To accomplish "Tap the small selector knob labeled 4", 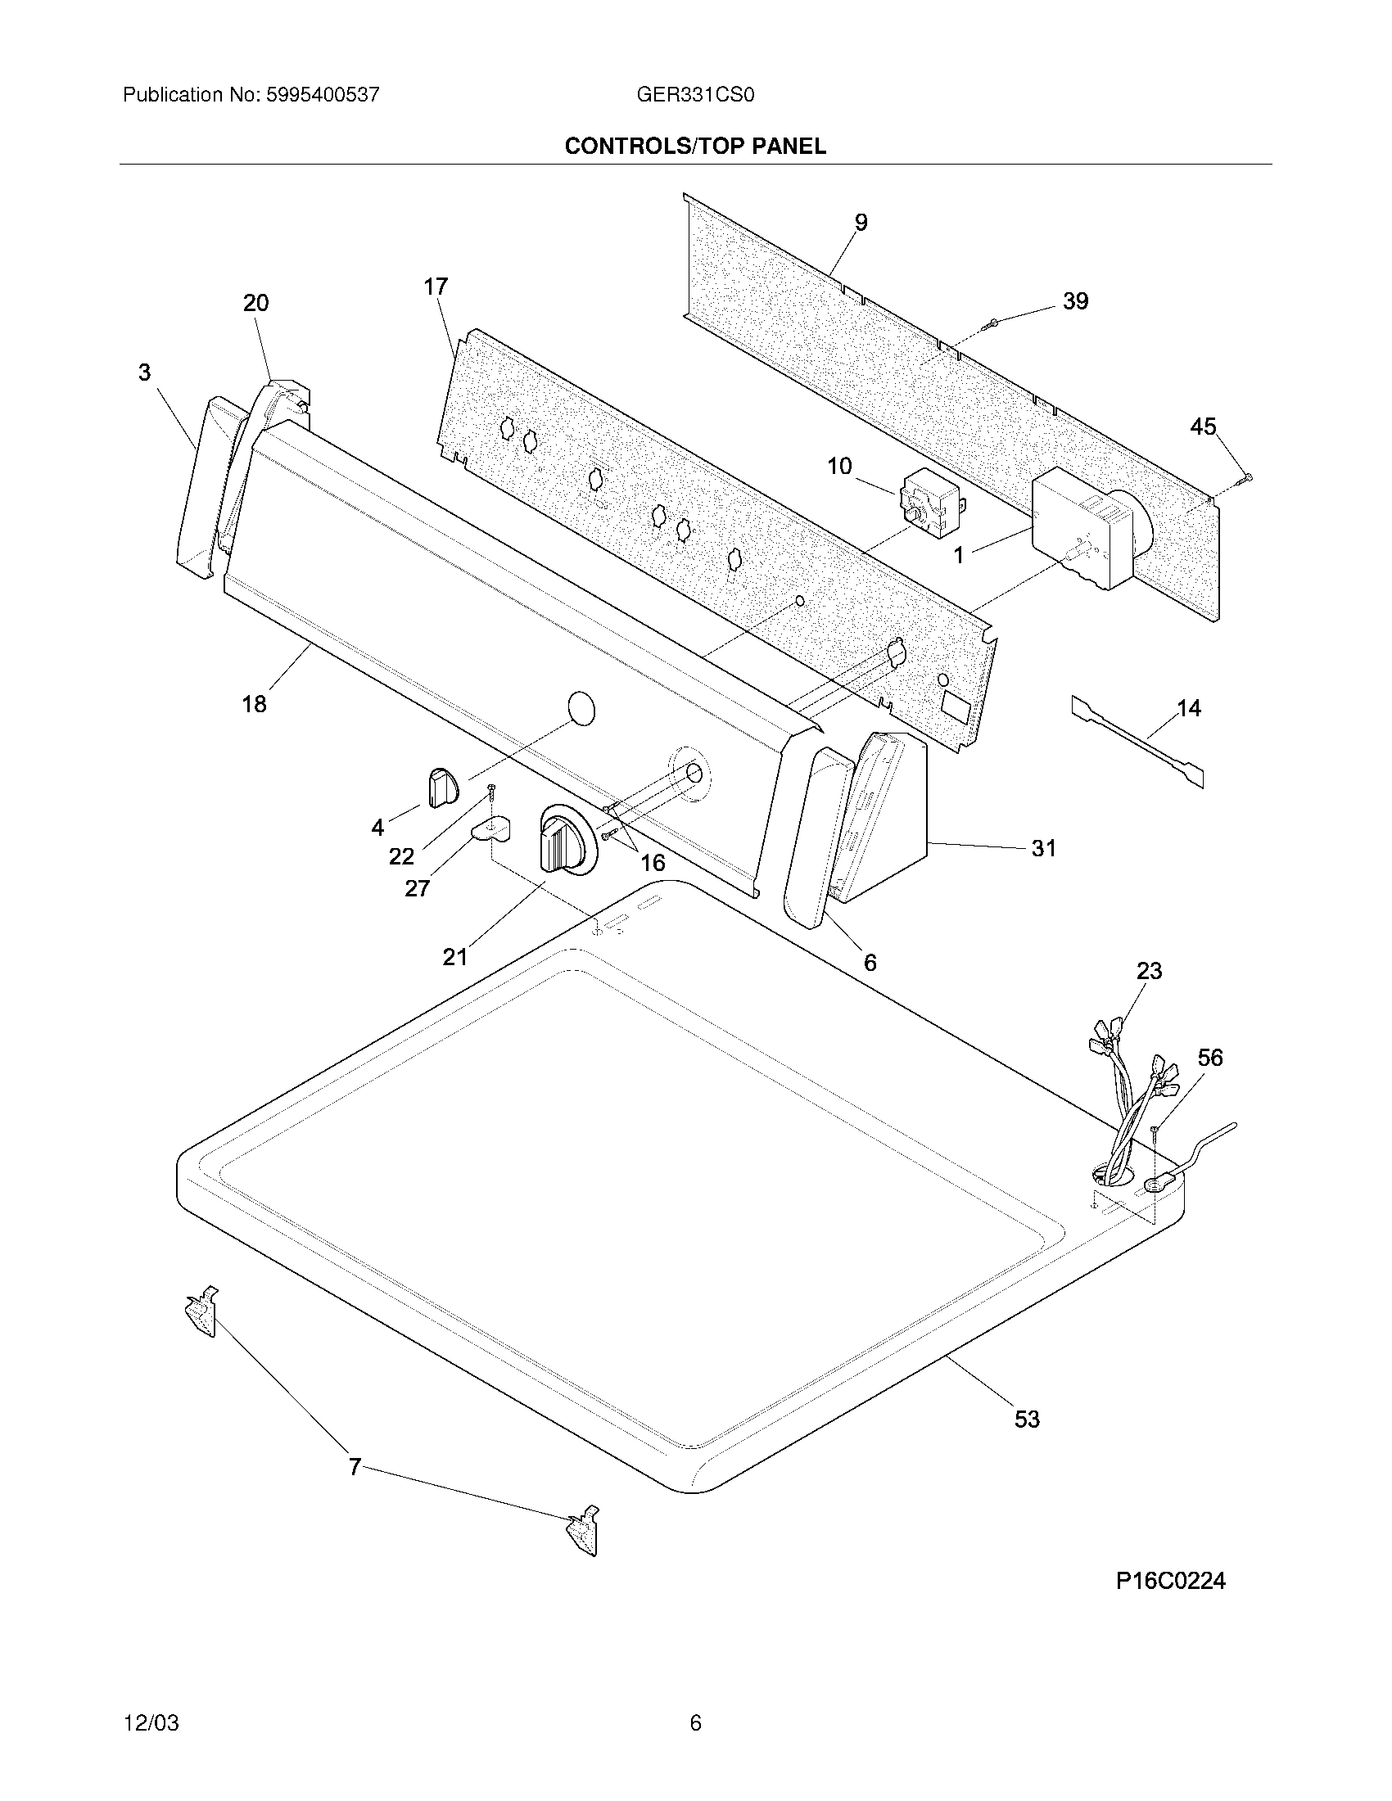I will [442, 785].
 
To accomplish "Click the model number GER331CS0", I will [695, 95].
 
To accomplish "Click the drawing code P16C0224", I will [1170, 1580].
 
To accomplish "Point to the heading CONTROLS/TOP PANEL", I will [695, 147].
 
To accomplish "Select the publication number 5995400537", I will [323, 95].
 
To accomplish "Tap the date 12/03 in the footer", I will [151, 1722].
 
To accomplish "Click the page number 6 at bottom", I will [695, 1722].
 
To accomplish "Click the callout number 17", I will [436, 287].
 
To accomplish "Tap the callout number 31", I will [1043, 848].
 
